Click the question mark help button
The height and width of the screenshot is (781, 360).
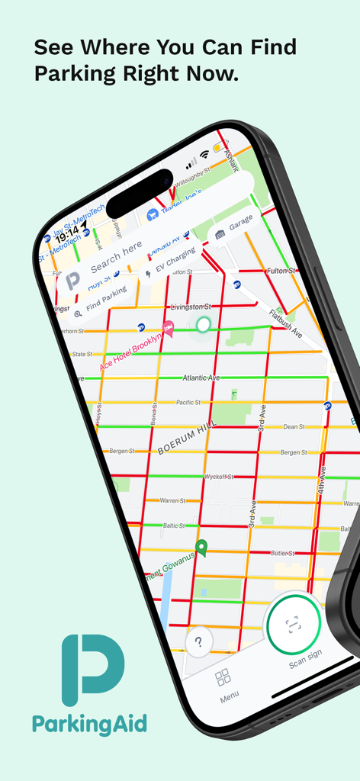point(198,641)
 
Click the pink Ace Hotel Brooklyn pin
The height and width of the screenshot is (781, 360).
point(169,329)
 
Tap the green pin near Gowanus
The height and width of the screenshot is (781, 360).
point(201,547)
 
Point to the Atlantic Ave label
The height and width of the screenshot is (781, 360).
point(201,378)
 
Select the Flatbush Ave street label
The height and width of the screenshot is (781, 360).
point(288,326)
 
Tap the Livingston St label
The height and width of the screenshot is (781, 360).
point(191,306)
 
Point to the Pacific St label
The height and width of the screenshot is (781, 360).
point(188,402)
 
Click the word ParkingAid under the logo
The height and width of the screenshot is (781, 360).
point(89,723)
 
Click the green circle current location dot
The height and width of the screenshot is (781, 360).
point(203,325)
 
